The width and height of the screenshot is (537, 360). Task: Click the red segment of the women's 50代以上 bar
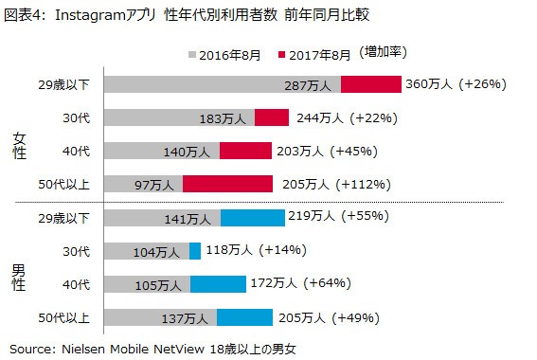click(228, 184)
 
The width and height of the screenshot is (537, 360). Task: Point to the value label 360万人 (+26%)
click(456, 84)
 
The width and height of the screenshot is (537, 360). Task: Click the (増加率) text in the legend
click(387, 55)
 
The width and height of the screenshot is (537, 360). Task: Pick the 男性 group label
click(20, 276)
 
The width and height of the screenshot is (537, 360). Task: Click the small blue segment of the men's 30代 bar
click(195, 251)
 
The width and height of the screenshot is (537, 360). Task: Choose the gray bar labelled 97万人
click(143, 184)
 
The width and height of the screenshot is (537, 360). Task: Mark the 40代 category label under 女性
click(77, 151)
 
